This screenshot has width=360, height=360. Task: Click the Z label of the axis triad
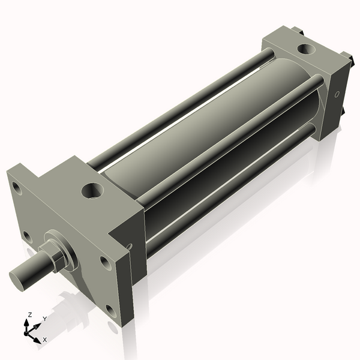(x=30, y=314)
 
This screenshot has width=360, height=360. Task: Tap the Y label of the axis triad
(x=45, y=319)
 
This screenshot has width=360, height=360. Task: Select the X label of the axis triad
(x=44, y=340)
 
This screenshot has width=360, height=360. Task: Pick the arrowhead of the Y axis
(x=39, y=325)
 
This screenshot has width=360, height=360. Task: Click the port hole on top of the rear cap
(x=306, y=48)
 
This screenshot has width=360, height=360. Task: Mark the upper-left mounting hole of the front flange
(x=17, y=190)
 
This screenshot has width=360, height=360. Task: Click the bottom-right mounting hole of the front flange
(x=110, y=310)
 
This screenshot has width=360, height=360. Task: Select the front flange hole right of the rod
(x=105, y=262)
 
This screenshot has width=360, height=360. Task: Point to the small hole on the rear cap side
(x=337, y=94)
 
